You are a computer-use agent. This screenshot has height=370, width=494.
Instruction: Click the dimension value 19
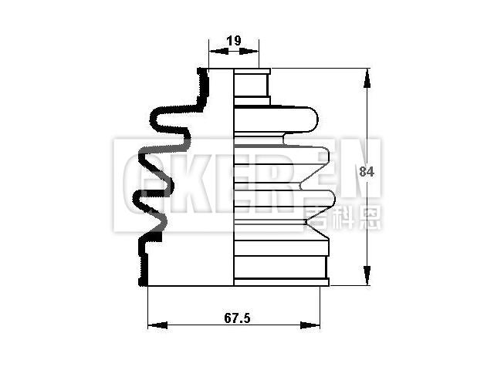(x=233, y=40)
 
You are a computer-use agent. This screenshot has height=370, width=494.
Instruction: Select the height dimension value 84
(x=367, y=173)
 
